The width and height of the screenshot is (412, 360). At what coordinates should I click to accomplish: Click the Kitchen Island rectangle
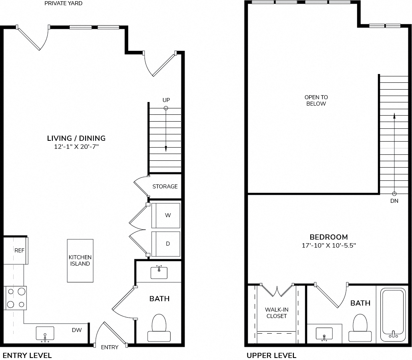pyautogui.click(x=80, y=260)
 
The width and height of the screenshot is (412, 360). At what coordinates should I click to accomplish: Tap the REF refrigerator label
pyautogui.click(x=20, y=250)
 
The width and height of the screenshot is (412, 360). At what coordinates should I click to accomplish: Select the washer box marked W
pyautogui.click(x=166, y=215)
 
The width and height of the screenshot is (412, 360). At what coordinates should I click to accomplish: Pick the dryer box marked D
pyautogui.click(x=166, y=244)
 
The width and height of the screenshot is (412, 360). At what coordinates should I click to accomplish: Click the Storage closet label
pyautogui.click(x=165, y=186)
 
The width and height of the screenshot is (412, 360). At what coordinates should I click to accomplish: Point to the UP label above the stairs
pyautogui.click(x=166, y=100)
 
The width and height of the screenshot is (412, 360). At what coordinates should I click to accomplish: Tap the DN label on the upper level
pyautogui.click(x=394, y=201)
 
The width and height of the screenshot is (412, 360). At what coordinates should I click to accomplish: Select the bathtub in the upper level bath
pyautogui.click(x=393, y=314)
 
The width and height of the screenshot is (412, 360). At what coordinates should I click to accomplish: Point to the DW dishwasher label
pyautogui.click(x=77, y=330)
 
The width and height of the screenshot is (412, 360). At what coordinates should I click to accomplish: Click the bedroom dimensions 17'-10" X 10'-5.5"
pyautogui.click(x=329, y=246)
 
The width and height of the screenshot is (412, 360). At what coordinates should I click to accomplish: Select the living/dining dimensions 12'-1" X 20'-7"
pyautogui.click(x=76, y=146)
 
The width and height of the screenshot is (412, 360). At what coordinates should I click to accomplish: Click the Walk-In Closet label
pyautogui.click(x=277, y=313)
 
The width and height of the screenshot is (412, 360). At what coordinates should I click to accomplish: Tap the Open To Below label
pyautogui.click(x=316, y=100)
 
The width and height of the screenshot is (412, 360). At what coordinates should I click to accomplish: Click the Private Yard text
pyautogui.click(x=63, y=4)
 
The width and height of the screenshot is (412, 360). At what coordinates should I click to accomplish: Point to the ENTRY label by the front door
pyautogui.click(x=110, y=347)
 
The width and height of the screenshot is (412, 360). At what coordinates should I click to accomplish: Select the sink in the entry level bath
pyautogui.click(x=159, y=272)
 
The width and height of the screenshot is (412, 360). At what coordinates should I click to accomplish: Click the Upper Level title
pyautogui.click(x=271, y=356)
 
